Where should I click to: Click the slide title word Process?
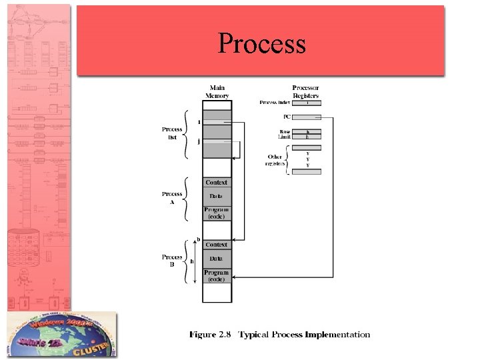point(261,44)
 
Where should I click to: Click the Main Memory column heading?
point(217,92)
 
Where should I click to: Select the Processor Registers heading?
point(305,92)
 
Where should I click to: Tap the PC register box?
point(306,117)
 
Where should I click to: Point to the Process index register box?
point(306,103)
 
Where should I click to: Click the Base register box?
point(306,131)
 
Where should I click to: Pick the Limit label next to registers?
point(284,137)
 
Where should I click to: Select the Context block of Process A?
point(217,182)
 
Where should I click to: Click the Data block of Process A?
point(217,196)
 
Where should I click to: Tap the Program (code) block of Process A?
point(217,213)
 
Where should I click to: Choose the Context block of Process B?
point(217,245)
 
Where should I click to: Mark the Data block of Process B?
point(217,258)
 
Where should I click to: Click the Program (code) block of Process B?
point(217,275)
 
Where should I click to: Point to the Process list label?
point(172,133)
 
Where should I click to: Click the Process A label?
point(172,198)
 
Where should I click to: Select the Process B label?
point(172,261)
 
